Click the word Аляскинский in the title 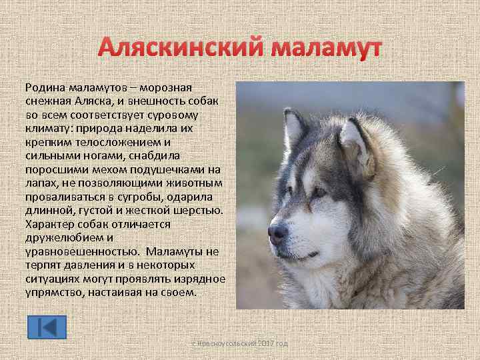pos(180,49)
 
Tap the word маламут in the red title pos(327,49)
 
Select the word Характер pos(52,225)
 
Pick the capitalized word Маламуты pos(177,252)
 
